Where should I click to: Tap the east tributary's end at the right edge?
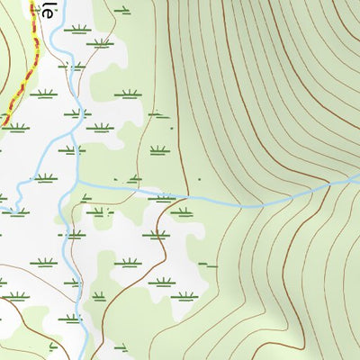pos(357,181)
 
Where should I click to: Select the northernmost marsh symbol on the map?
pos(122,11)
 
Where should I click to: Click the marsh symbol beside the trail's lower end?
pos(15,128)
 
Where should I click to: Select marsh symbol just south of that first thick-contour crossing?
pos(182,212)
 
